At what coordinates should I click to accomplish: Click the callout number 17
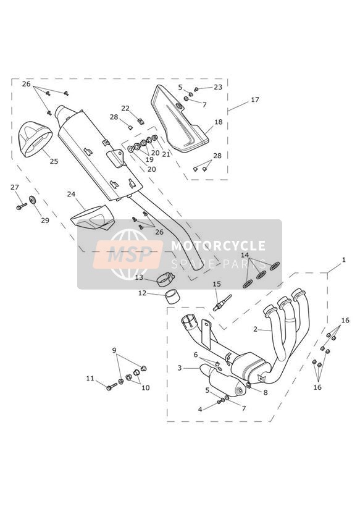click(x=255, y=99)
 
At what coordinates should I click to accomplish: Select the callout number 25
click(x=54, y=161)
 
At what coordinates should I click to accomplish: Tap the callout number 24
click(x=71, y=194)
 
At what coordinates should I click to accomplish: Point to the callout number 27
click(x=15, y=187)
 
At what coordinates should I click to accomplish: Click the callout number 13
click(x=140, y=277)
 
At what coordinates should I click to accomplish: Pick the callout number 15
click(x=217, y=284)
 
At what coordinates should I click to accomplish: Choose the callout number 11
click(x=90, y=378)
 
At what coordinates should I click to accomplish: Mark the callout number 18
click(x=219, y=122)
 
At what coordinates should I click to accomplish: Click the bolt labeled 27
click(x=22, y=206)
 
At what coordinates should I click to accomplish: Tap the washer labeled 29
click(x=33, y=200)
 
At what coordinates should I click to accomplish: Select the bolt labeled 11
click(x=112, y=386)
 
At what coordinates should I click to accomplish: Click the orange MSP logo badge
click(x=128, y=254)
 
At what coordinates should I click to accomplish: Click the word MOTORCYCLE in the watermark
click(x=218, y=245)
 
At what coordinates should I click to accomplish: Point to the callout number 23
click(x=218, y=87)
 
